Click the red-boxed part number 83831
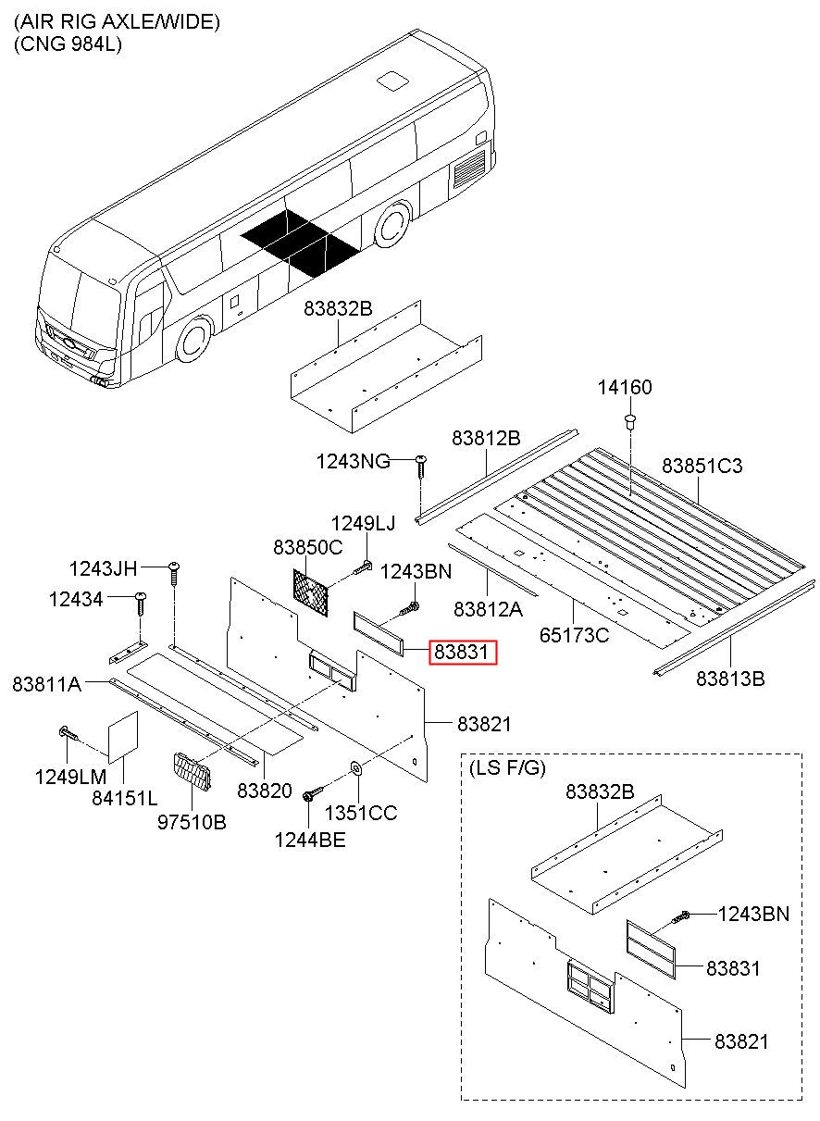tap(462, 653)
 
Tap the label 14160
tap(627, 389)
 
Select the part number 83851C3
tap(702, 465)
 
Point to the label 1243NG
tap(352, 459)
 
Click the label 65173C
tap(575, 635)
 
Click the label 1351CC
tap(360, 813)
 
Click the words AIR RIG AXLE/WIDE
tap(117, 21)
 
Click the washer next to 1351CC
tap(355, 768)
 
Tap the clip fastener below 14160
tap(630, 424)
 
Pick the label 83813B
tap(730, 679)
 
